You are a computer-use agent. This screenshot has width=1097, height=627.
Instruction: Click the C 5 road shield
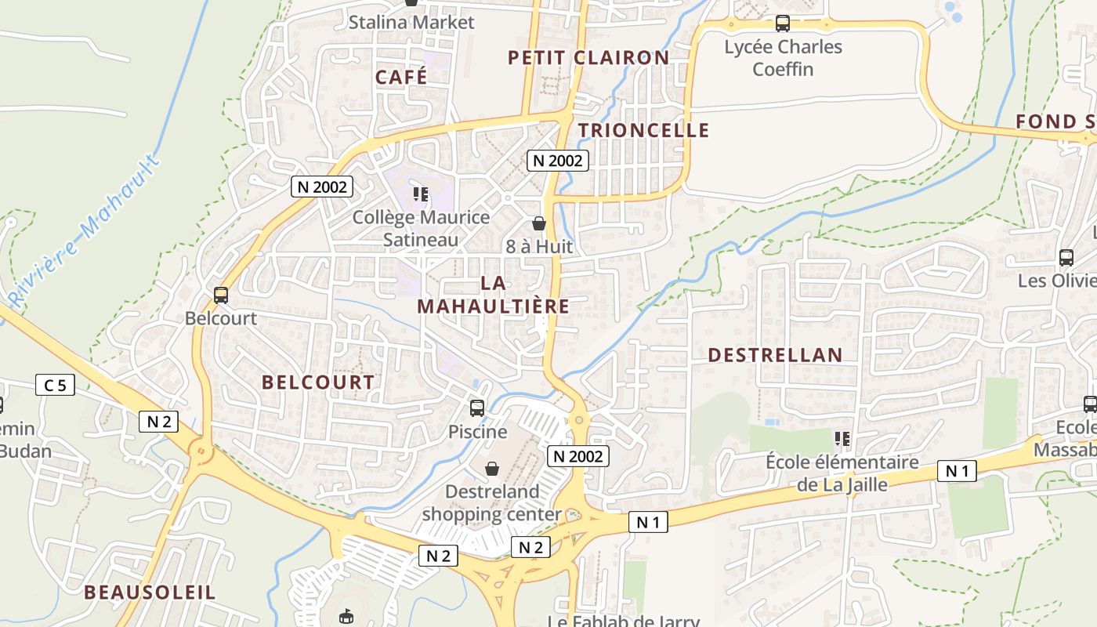tap(55, 385)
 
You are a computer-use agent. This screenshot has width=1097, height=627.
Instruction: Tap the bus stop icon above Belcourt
tap(221, 295)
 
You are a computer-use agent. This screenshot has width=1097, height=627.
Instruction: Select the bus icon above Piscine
tap(476, 408)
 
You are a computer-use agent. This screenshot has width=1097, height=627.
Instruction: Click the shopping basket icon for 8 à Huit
tap(538, 223)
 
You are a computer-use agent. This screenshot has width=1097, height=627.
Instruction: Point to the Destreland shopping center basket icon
tap(492, 469)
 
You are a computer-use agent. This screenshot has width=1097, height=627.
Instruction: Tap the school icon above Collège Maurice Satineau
tap(421, 194)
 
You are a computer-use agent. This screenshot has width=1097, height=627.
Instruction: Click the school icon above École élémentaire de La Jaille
tap(842, 439)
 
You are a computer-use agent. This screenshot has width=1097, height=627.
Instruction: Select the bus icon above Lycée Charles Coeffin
tap(782, 24)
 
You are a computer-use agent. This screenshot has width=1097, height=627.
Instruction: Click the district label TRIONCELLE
tap(643, 130)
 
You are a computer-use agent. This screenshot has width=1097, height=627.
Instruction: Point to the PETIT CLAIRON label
tap(588, 57)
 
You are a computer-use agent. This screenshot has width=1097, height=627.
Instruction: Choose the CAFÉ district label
tap(401, 77)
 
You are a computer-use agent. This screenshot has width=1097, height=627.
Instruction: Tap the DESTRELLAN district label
tap(775, 355)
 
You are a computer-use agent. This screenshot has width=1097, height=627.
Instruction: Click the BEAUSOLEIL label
tap(149, 592)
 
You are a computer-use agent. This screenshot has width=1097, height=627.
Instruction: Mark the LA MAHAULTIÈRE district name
tap(493, 294)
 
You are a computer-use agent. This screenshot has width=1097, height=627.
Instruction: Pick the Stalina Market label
tap(411, 22)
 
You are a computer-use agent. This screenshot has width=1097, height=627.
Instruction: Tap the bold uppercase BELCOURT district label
tap(318, 382)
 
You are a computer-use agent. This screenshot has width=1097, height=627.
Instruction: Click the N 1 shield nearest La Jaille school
tap(957, 471)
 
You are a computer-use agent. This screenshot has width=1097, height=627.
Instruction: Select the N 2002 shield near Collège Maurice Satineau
tap(322, 187)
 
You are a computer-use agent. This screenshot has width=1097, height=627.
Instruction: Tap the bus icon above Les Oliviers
tap(1066, 257)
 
